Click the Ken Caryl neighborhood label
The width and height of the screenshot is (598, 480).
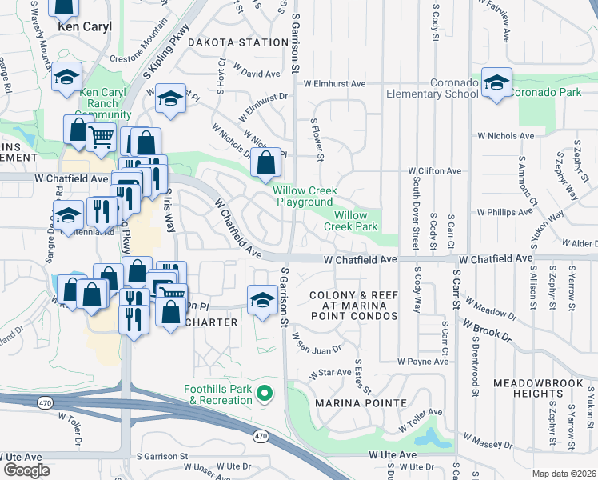tap(84, 26)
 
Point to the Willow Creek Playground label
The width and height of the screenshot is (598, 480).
tap(304, 196)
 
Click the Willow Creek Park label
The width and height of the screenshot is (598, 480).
tap(350, 221)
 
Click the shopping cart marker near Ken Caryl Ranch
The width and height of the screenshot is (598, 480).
tap(101, 137)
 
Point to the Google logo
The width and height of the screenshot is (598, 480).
tap(26, 470)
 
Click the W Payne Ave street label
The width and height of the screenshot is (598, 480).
tap(423, 362)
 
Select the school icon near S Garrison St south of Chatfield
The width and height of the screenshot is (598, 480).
tap(261, 299)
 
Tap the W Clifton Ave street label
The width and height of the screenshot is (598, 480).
tap(434, 171)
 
